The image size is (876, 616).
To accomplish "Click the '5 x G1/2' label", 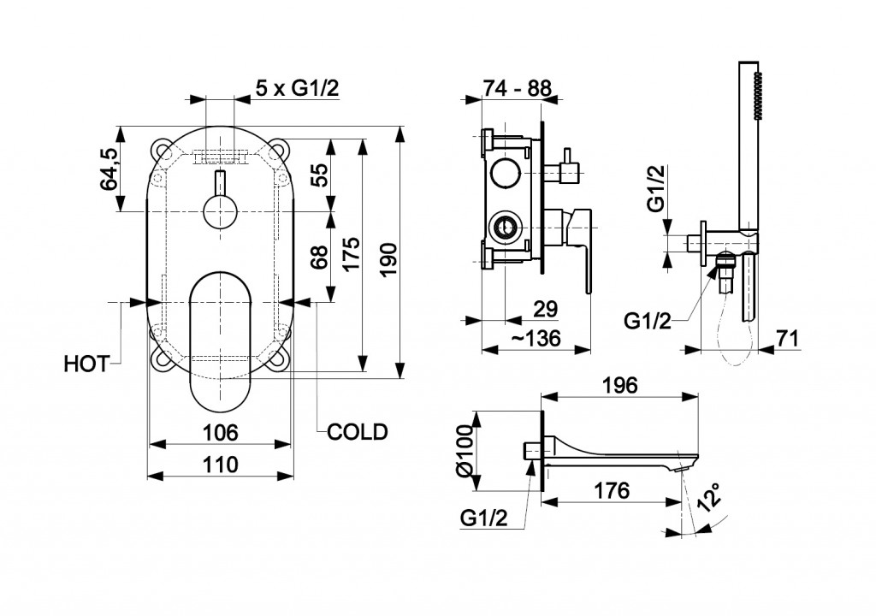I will [x=298, y=87].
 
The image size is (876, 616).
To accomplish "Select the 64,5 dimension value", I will [x=109, y=169].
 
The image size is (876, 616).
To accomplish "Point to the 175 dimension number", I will [x=351, y=255].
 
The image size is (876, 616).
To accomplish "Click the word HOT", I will [x=86, y=364].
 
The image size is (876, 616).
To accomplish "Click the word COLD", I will [x=358, y=431].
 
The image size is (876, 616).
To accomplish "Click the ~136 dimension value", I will [x=536, y=338].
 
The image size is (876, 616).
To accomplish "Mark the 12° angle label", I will [x=709, y=497].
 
